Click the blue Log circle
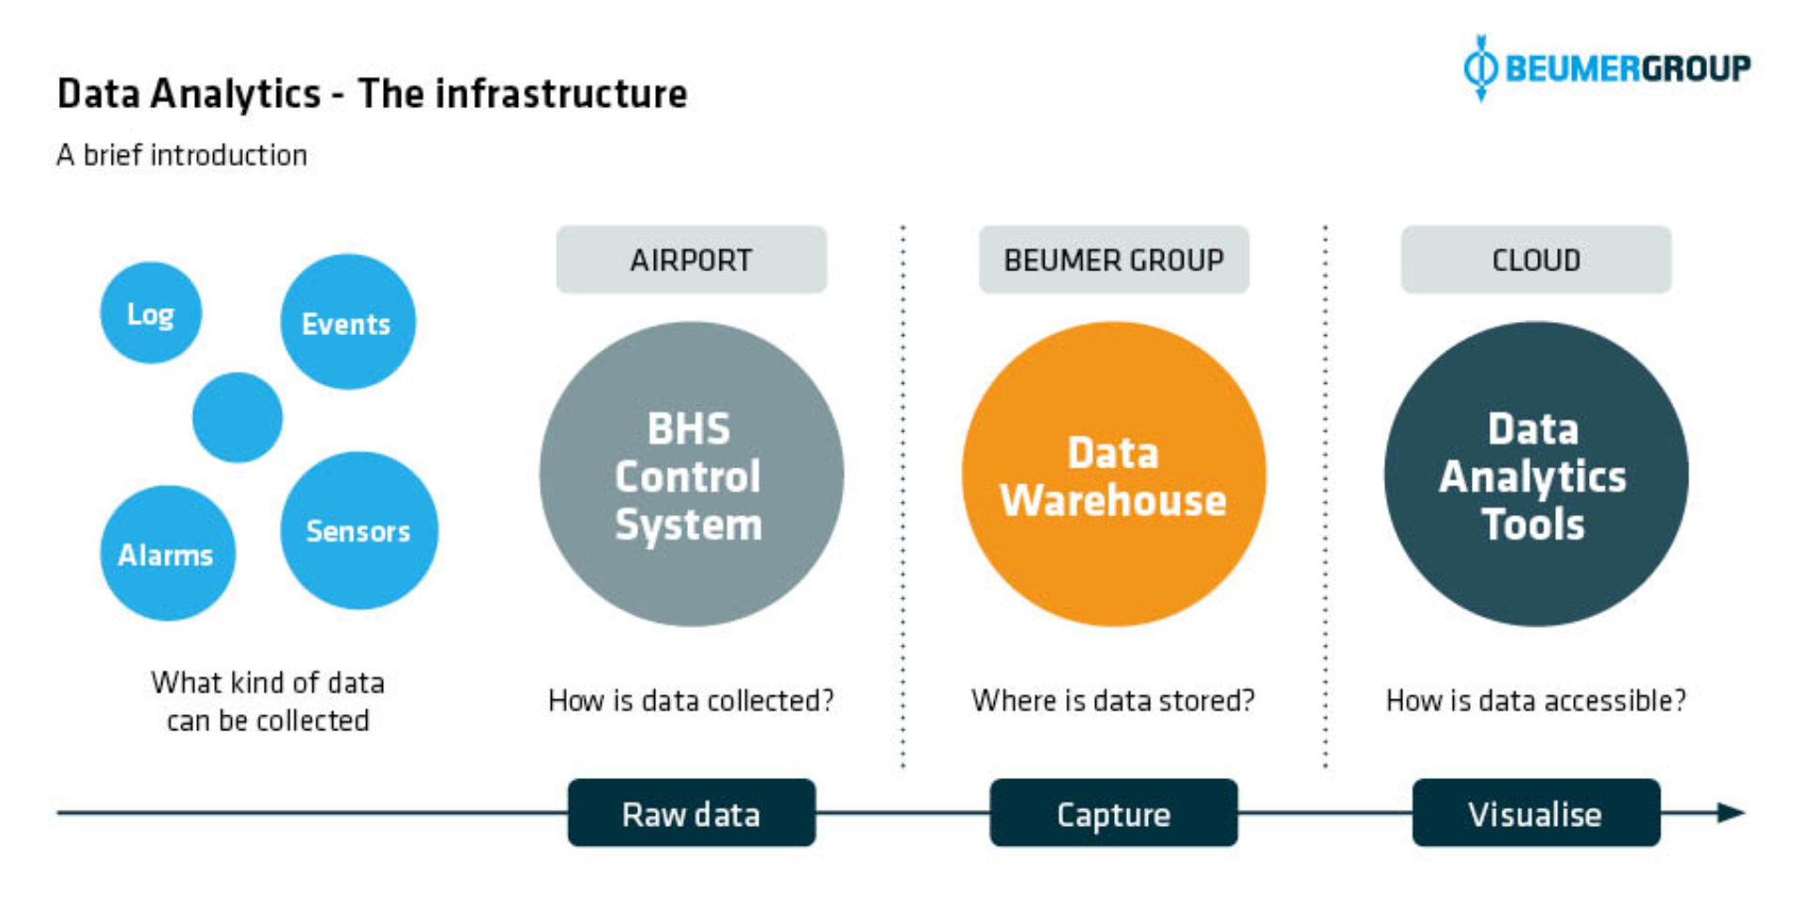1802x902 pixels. pos(150,313)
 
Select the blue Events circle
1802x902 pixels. pos(347,322)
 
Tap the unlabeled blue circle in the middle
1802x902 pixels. pos(237,418)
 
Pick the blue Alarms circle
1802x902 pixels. pos(167,553)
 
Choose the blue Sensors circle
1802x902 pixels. pos(359,530)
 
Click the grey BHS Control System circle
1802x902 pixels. pos(691,474)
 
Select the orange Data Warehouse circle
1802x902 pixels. pos(1113,474)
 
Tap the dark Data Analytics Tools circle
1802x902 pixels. pos(1535,474)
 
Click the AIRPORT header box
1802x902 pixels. pos(691,260)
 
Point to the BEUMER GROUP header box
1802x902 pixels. pos(1113,260)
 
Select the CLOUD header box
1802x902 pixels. pos(1535,260)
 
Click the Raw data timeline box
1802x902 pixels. pos(691,813)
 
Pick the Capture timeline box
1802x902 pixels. pos(1113,813)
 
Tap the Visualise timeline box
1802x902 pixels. pos(1535,813)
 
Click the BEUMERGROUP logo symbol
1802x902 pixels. pos(1481,68)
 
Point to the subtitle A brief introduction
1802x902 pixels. pos(181,155)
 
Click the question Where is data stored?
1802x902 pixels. pos(1113,700)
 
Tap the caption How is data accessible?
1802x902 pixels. pos(1535,700)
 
